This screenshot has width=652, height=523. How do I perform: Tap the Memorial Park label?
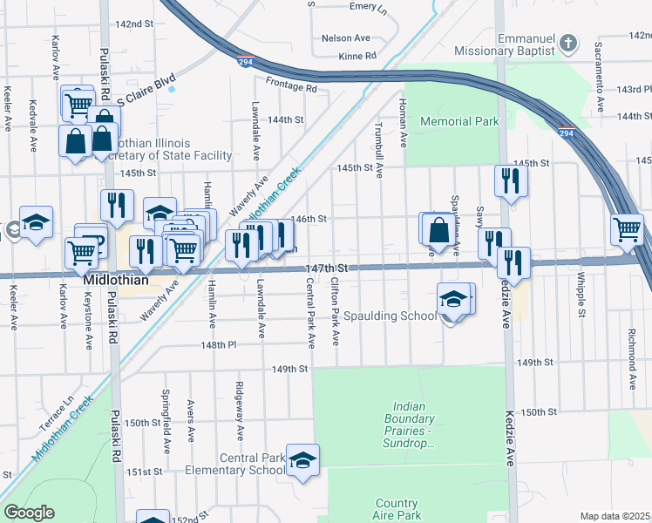tap(459, 121)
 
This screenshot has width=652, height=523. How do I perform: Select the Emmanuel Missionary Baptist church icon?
tap(568, 43)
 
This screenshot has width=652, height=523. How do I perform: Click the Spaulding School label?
tap(390, 316)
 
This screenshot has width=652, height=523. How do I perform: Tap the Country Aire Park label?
tap(397, 509)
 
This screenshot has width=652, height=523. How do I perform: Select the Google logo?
tap(29, 513)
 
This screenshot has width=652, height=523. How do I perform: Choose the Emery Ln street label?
tap(367, 6)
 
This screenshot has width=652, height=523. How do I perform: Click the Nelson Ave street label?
tap(345, 38)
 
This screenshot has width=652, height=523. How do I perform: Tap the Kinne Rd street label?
tap(358, 56)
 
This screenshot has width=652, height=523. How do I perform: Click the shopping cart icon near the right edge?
tap(628, 230)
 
